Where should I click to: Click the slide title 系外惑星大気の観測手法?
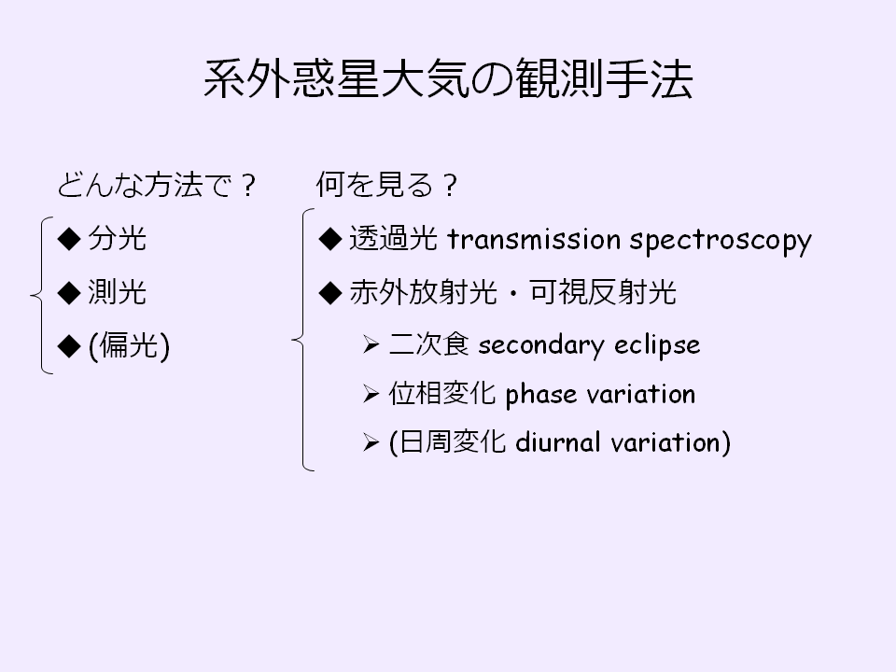(x=449, y=78)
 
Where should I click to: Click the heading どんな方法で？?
(x=156, y=185)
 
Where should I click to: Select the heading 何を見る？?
(x=386, y=185)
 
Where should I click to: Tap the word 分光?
(x=118, y=238)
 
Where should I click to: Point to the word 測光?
(x=118, y=292)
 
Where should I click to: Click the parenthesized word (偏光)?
(x=129, y=345)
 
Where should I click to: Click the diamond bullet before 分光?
(x=69, y=239)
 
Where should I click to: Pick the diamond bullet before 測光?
(x=69, y=292)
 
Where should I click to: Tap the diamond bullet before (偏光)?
(x=69, y=346)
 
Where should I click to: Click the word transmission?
(x=534, y=239)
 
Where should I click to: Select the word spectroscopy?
(x=721, y=241)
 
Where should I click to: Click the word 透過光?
(x=393, y=238)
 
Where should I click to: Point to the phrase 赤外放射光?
(x=423, y=292)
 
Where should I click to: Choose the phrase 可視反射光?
(x=603, y=292)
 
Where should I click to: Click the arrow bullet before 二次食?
(x=371, y=345)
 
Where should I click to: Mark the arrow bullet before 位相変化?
(x=371, y=394)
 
